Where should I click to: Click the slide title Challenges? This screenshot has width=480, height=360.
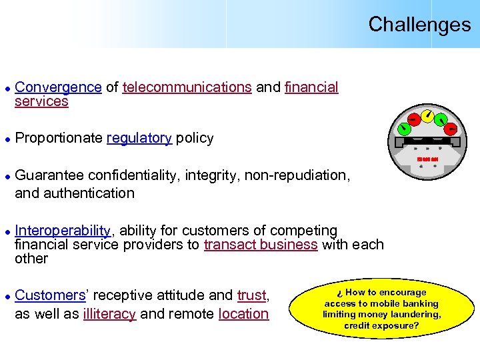click(419, 25)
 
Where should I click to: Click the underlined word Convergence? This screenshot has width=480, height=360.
click(58, 87)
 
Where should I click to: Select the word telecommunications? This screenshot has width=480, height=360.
click(187, 87)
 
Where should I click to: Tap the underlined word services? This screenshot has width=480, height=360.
click(41, 101)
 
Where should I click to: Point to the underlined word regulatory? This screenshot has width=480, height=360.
click(139, 138)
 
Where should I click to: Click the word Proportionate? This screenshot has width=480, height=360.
click(59, 138)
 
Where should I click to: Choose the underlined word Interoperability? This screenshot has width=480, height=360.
click(63, 231)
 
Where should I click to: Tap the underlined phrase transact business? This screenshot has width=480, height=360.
click(261, 245)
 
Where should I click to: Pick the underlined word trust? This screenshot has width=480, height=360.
click(251, 295)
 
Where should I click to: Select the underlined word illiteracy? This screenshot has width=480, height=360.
click(109, 314)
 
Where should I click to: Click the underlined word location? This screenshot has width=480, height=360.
click(243, 314)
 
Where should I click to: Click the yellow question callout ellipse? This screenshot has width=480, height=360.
click(381, 309)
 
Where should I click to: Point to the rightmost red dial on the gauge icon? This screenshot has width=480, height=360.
click(451, 127)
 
